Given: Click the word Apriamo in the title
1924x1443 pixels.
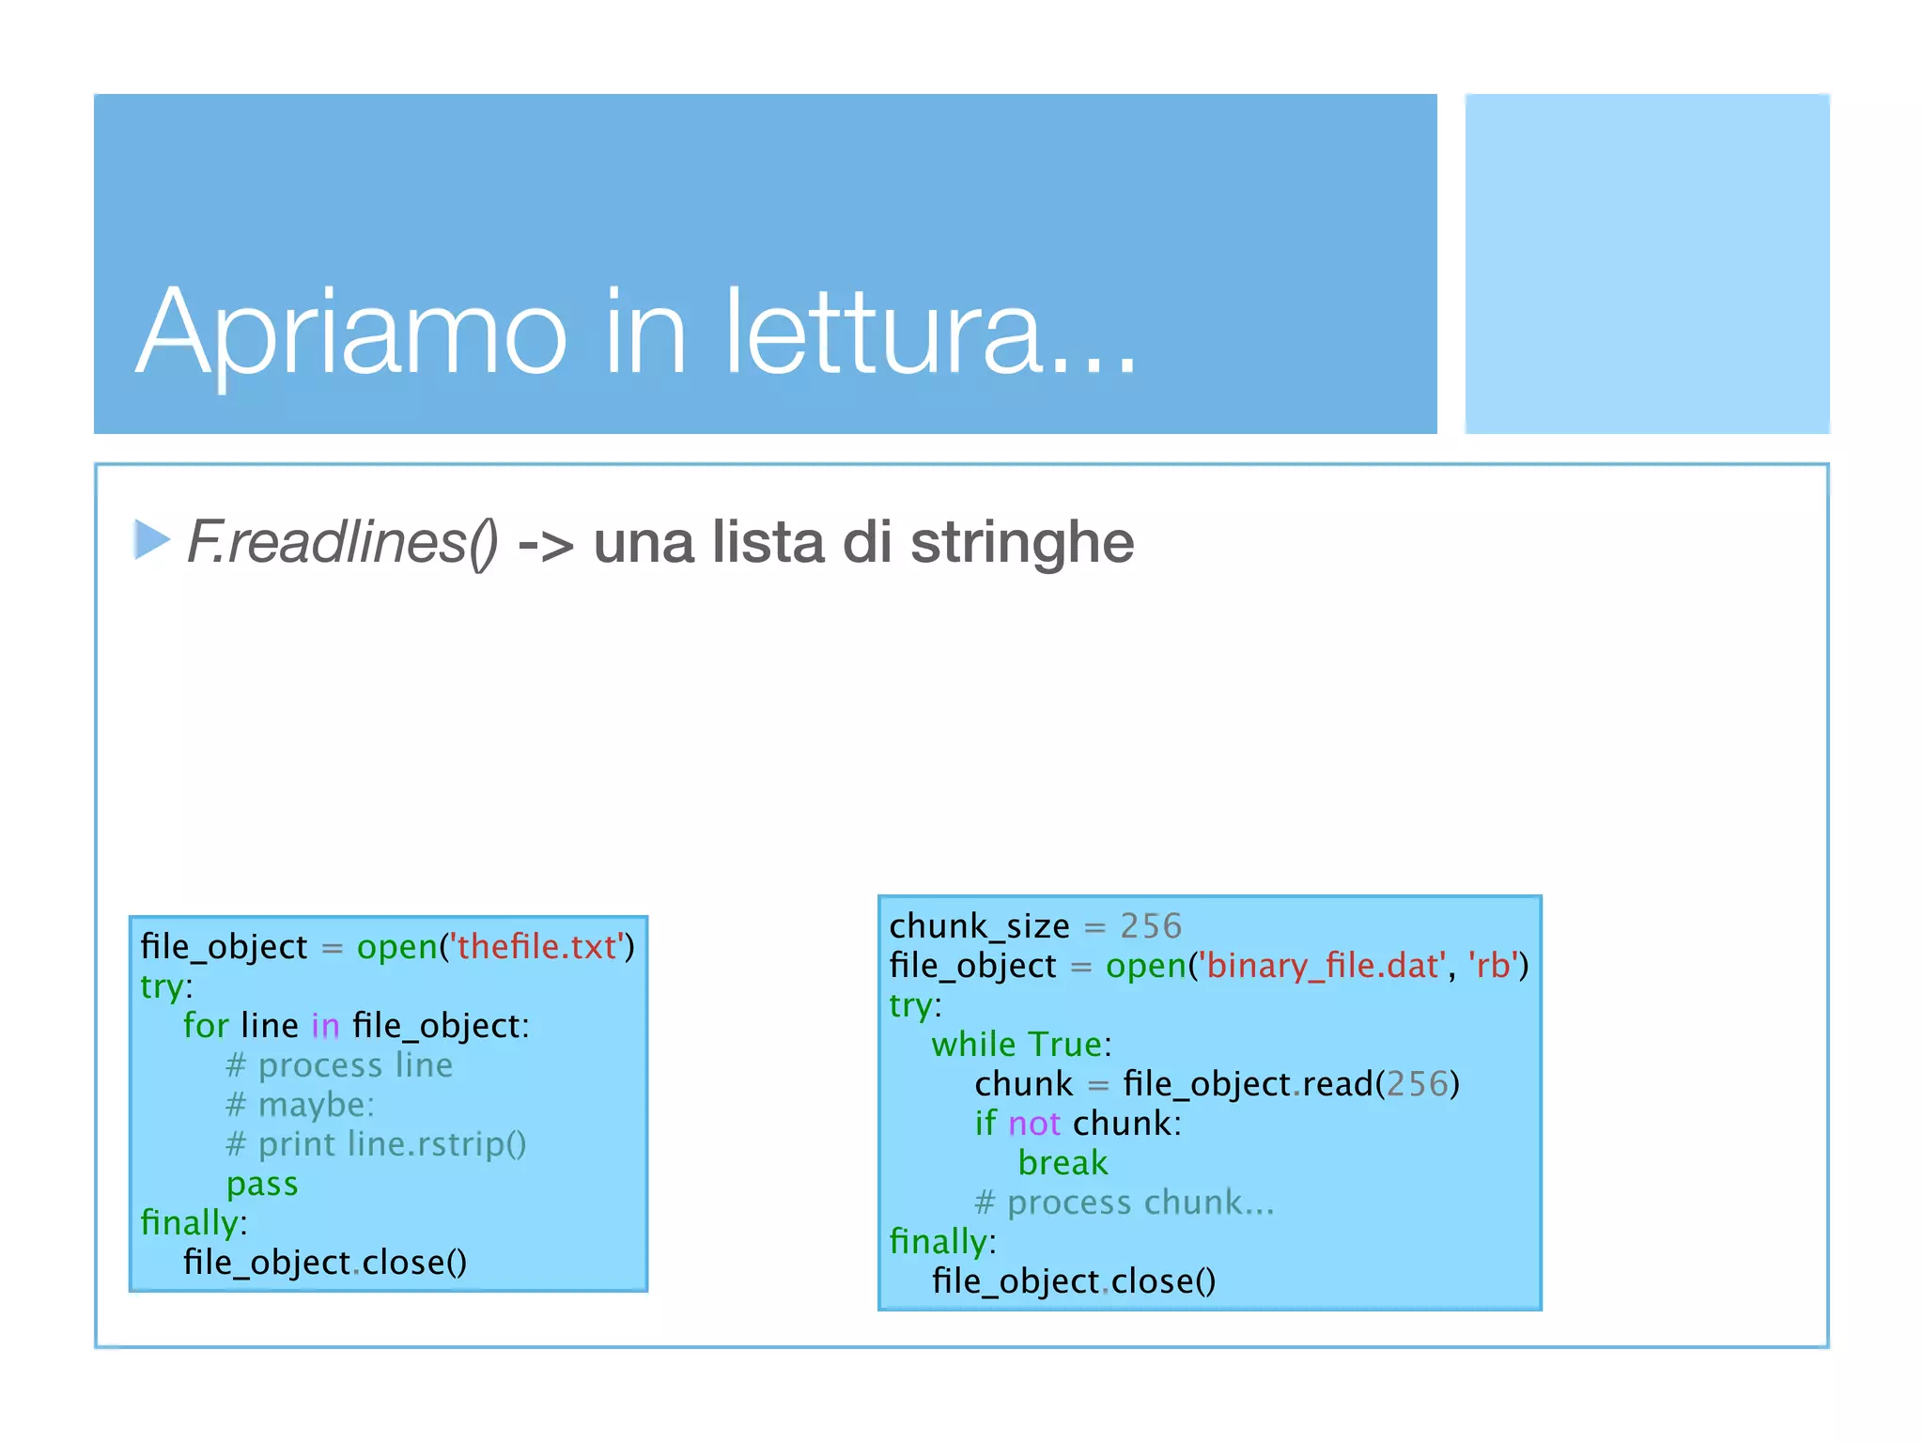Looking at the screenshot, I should (352, 334).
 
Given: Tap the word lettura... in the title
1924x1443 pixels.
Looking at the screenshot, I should (930, 334).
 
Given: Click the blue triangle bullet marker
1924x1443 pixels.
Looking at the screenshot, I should (150, 540).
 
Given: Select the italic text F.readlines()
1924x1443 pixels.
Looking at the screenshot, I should (343, 543).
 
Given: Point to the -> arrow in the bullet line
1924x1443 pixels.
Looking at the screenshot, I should (546, 545).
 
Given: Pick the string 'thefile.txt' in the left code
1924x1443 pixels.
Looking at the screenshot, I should (536, 947).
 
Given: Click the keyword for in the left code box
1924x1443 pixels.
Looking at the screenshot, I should (206, 1026).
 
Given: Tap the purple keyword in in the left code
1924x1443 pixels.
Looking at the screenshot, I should (325, 1026).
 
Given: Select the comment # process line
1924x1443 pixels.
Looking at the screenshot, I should (339, 1065).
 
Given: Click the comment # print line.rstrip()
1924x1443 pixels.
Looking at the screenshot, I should (376, 1144).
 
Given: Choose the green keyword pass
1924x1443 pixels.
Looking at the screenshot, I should (262, 1184).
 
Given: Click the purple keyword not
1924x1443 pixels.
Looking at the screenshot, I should (1034, 1124).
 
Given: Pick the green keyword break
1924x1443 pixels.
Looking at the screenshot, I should (1063, 1163).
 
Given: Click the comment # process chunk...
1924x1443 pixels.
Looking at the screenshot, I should (1124, 1202).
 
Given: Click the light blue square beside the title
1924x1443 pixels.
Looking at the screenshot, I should (1647, 263).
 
